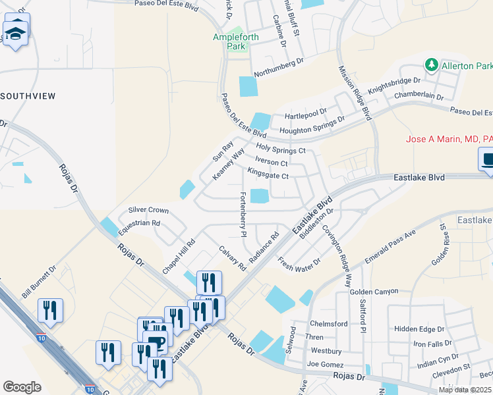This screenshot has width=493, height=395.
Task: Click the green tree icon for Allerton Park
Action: click(x=431, y=66)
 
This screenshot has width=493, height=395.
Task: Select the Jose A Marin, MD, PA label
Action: click(x=448, y=139)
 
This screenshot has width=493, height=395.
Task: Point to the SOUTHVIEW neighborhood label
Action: click(x=28, y=96)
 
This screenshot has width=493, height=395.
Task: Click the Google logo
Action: click(x=22, y=386)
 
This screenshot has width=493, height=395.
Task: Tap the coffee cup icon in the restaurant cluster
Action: click(x=156, y=340)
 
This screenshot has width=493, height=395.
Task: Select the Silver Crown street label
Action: click(x=148, y=211)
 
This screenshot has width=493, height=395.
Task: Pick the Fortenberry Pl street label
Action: click(x=243, y=214)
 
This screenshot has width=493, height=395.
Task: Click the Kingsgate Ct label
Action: click(x=268, y=176)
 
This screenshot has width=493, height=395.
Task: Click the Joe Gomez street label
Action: click(x=323, y=363)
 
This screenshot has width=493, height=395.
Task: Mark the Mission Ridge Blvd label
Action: click(x=355, y=92)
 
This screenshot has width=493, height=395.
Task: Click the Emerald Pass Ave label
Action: click(x=390, y=247)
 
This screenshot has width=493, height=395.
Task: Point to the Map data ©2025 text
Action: click(x=465, y=390)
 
